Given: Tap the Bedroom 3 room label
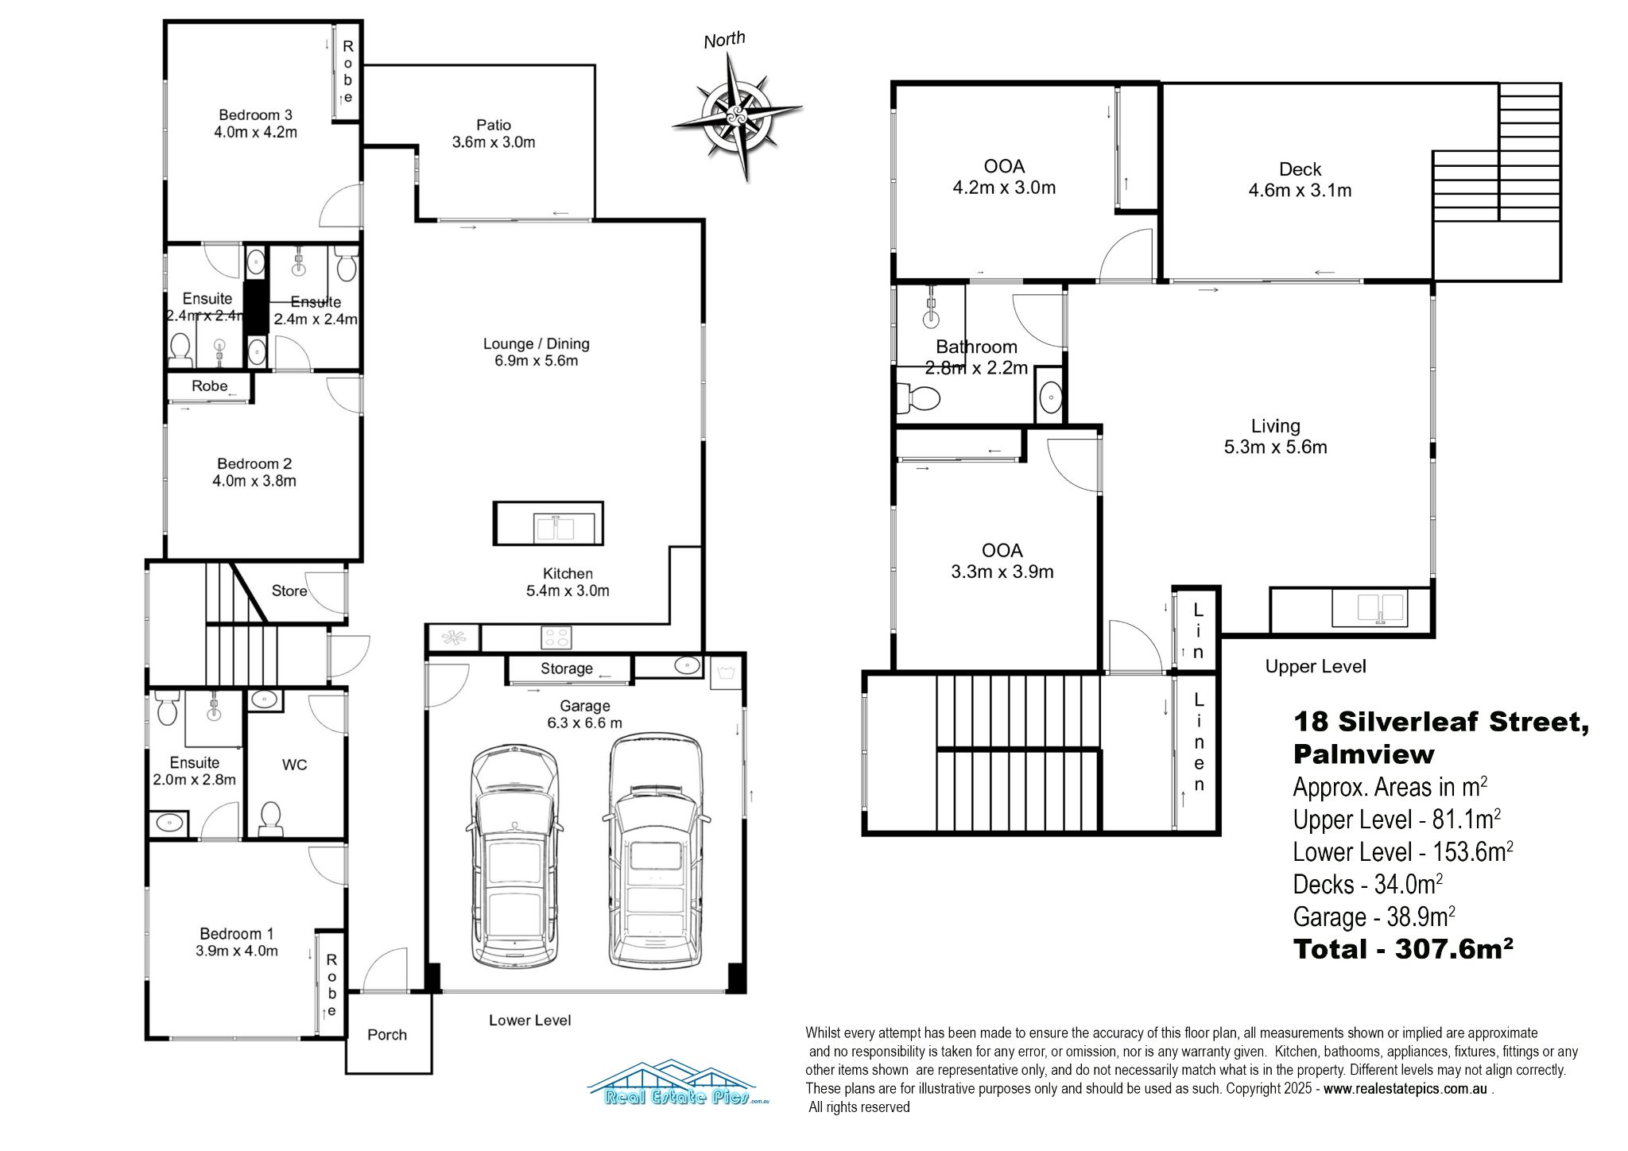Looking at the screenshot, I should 255,114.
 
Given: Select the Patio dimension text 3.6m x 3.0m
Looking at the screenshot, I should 493,143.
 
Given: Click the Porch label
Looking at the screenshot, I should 387,1035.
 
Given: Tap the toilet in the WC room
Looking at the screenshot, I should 270,816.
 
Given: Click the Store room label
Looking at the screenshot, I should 289,591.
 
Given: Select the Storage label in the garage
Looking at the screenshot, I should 566,669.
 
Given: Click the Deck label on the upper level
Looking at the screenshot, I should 1300,169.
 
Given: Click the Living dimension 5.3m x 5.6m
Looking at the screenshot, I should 1275,448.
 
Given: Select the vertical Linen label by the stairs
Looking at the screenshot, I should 1199,742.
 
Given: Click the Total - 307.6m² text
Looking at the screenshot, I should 1402,949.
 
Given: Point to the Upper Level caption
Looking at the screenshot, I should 1315,666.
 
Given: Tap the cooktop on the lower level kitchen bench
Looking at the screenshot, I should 556,637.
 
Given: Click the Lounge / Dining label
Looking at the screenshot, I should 536,344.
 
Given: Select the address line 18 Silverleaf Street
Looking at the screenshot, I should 1440,722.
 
